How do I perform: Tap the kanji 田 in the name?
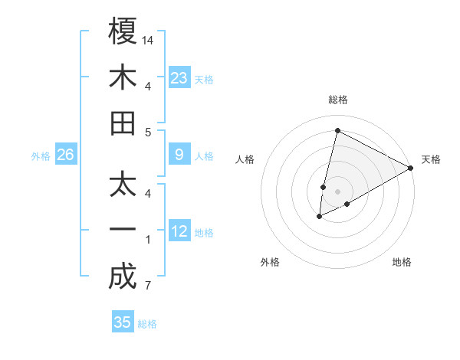coord(123,123)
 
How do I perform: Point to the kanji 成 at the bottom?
coord(123,277)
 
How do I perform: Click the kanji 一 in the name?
coord(123,231)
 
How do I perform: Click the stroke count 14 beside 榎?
coord(148,40)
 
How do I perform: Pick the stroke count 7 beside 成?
coord(148,286)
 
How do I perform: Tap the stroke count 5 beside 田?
coord(148,132)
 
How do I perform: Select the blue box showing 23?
coord(179,77)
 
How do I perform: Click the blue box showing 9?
coord(179,155)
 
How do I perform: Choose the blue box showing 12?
coord(179,231)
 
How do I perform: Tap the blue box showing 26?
coord(65,155)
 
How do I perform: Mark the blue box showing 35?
coord(123,322)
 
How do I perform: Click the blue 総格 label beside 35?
coord(147,324)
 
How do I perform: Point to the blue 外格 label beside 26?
coord(41,156)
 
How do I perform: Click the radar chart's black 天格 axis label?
coord(431,159)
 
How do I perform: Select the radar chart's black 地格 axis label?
coord(402,262)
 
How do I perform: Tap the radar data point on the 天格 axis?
coord(411,168)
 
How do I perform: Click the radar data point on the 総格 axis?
coord(337,130)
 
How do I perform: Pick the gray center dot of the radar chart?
coord(338,191)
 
